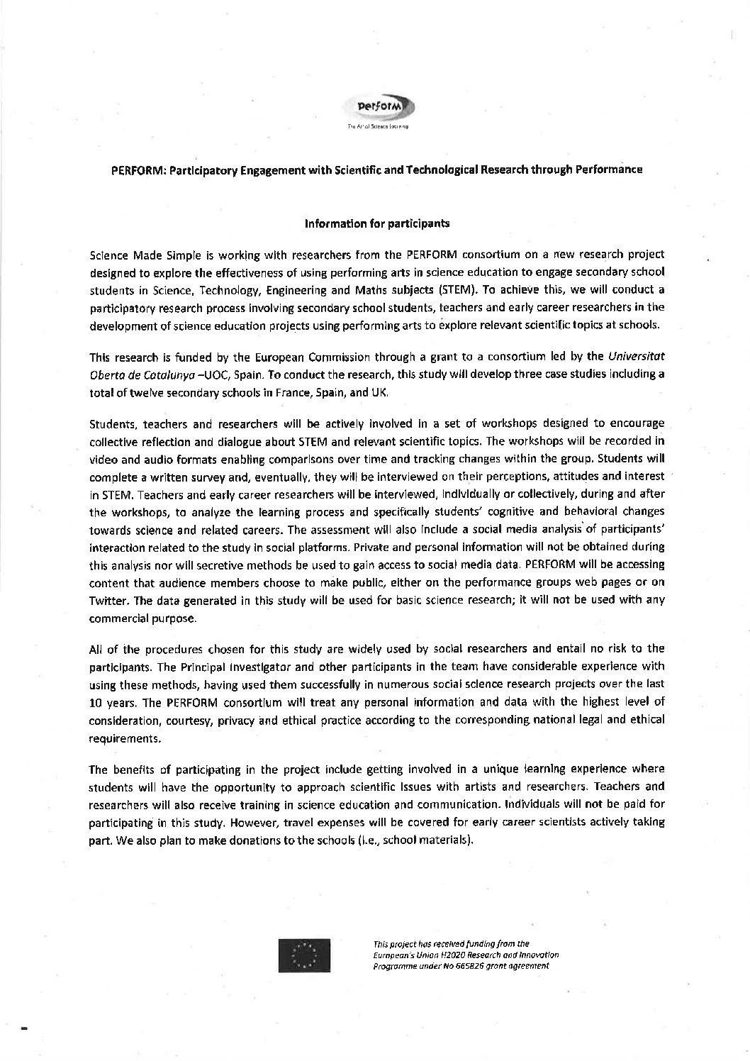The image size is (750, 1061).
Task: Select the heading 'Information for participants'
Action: coord(376,223)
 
